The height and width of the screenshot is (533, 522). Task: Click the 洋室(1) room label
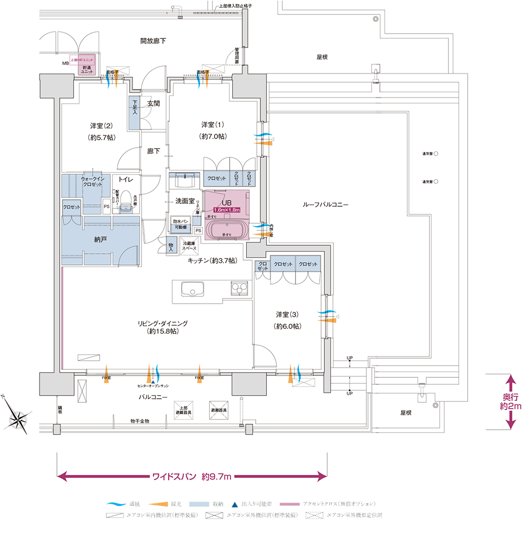tap(213, 130)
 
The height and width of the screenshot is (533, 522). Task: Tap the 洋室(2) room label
tap(101, 131)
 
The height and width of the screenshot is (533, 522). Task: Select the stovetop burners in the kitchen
tap(239, 288)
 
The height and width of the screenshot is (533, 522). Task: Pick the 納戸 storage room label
tap(101, 240)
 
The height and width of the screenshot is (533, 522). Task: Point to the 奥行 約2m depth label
tap(510, 402)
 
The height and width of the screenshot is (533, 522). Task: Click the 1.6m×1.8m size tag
tap(226, 211)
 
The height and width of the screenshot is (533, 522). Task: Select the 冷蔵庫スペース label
tap(190, 245)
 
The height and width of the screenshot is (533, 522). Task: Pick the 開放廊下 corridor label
tap(153, 41)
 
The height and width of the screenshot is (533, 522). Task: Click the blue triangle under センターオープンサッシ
tap(153, 382)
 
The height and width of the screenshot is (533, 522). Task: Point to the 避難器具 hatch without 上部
tap(219, 410)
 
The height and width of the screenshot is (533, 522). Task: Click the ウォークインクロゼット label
tap(96, 181)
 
